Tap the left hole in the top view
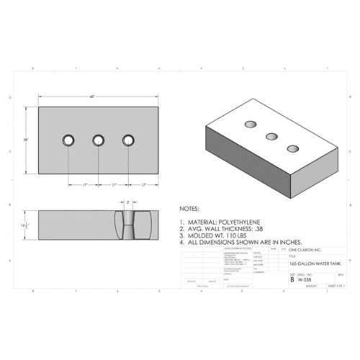click(x=68, y=139)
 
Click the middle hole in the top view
click(x=99, y=139)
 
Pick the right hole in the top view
click(x=129, y=139)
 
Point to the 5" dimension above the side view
click(x=128, y=203)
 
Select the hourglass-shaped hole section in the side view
click(x=128, y=225)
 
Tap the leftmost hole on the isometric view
click(x=252, y=124)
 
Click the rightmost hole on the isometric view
click(x=292, y=148)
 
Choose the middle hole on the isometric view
click(x=272, y=135)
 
